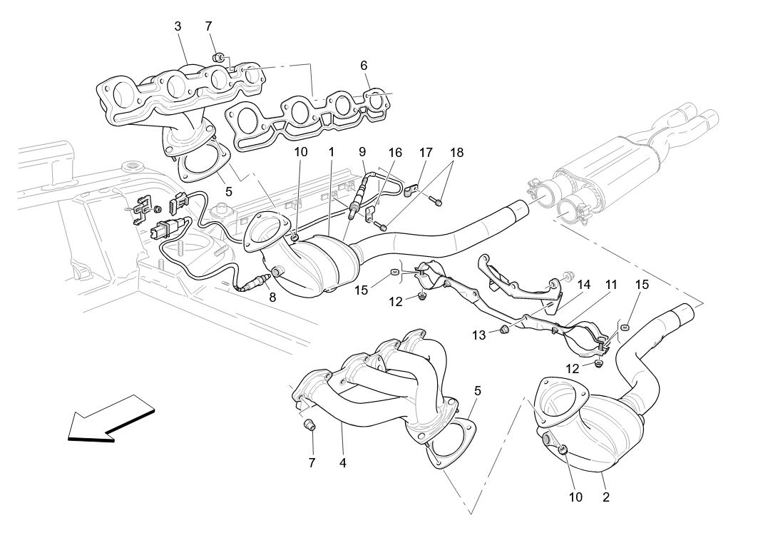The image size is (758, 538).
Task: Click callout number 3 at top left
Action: (x=178, y=26)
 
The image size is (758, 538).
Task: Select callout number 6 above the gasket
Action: (x=364, y=65)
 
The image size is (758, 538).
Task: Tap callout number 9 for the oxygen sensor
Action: (x=362, y=151)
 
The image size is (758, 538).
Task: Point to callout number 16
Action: (x=396, y=153)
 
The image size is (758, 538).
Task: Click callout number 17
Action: (x=426, y=152)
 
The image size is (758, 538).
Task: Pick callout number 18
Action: (x=456, y=152)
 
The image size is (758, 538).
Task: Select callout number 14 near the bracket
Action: (x=584, y=285)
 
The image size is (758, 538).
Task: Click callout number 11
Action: (x=611, y=285)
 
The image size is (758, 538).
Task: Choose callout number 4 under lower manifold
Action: (x=342, y=462)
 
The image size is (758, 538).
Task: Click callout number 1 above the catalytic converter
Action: (x=332, y=152)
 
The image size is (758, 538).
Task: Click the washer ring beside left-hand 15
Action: (x=394, y=273)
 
